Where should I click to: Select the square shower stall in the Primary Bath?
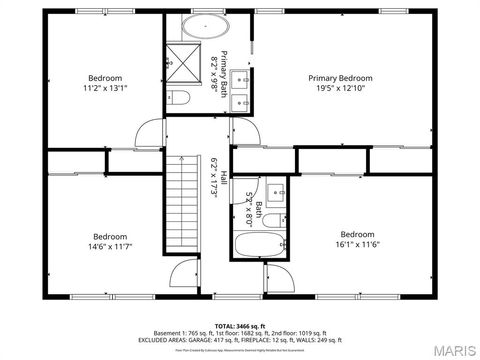click(x=183, y=57)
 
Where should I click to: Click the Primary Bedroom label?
click(x=340, y=78)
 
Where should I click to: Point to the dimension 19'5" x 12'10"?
click(x=340, y=88)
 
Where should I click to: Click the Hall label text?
click(x=223, y=176)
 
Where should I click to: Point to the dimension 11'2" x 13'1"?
click(x=105, y=88)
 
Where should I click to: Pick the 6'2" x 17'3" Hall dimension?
click(x=214, y=176)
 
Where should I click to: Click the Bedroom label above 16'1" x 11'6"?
click(x=357, y=234)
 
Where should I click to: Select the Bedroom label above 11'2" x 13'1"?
click(x=105, y=78)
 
